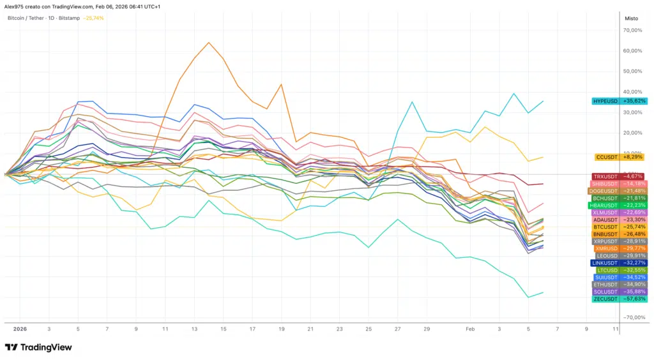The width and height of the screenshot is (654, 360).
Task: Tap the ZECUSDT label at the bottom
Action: (605, 299)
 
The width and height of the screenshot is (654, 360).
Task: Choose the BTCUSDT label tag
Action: (605, 227)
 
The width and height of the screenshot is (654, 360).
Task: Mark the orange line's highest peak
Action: (209, 43)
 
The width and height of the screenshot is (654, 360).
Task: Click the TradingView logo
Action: (38, 347)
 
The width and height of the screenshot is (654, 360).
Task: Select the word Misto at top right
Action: (631, 19)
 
